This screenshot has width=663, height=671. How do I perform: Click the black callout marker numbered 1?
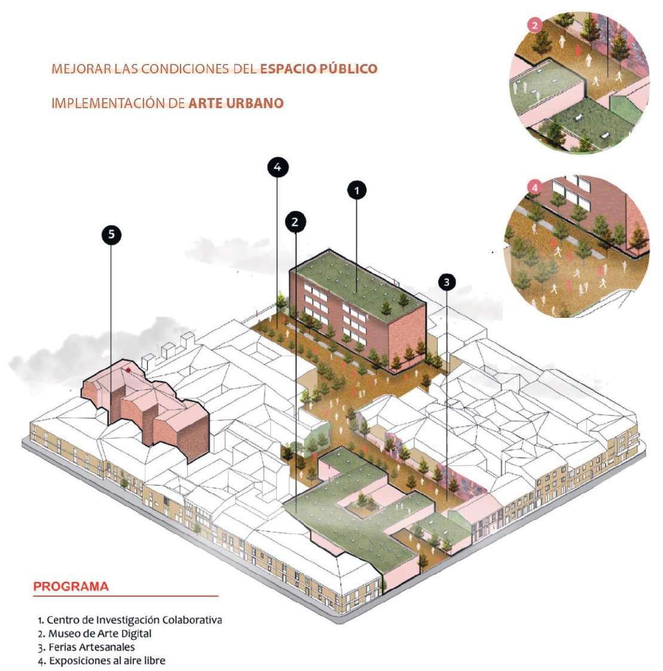(x=356, y=191)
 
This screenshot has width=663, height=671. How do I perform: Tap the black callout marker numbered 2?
(x=295, y=222)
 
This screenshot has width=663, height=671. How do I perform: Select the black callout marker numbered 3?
(x=447, y=281)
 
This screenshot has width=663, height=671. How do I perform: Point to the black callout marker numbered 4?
(x=277, y=168)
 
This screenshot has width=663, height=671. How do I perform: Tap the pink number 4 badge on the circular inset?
(x=534, y=188)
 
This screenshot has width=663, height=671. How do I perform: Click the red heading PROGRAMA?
(x=71, y=586)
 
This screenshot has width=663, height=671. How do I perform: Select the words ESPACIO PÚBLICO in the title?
(x=319, y=68)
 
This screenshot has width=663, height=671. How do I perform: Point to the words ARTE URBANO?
(x=236, y=103)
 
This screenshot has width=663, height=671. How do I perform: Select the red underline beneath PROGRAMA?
(x=126, y=596)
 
